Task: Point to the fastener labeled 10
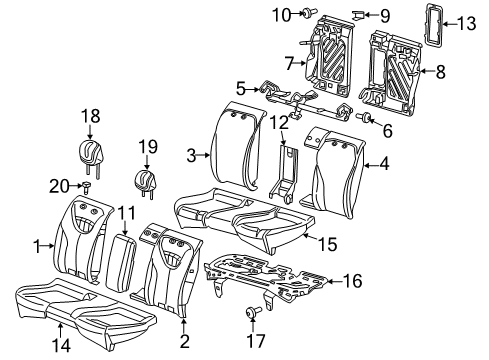pos(305,15)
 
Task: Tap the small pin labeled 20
pos(87,186)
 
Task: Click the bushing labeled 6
pos(365,121)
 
